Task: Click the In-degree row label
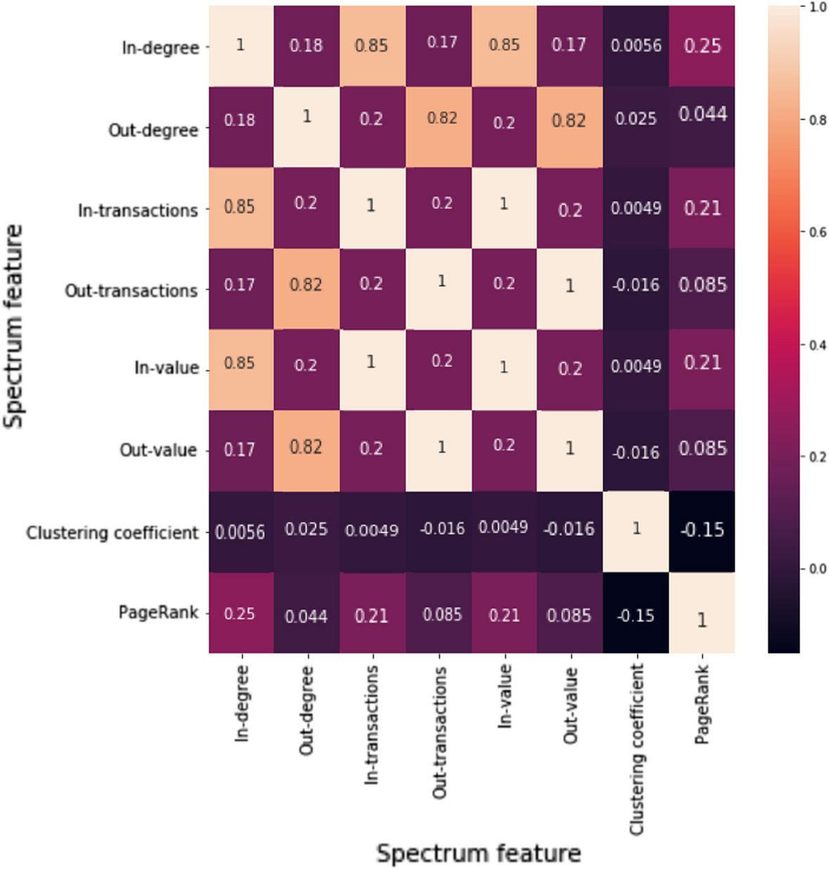[x=160, y=48]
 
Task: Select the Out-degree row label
[x=153, y=130]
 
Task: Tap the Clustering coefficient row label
[x=112, y=533]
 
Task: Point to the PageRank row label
[x=158, y=612]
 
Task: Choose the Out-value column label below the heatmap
[x=570, y=706]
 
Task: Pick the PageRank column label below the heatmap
[x=702, y=705]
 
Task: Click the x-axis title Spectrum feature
[x=478, y=853]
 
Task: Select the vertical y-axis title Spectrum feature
[x=13, y=326]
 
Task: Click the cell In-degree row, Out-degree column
[x=306, y=46]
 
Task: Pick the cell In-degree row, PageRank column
[x=702, y=46]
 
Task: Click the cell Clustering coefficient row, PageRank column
[x=702, y=531]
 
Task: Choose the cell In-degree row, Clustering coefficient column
[x=636, y=46]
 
